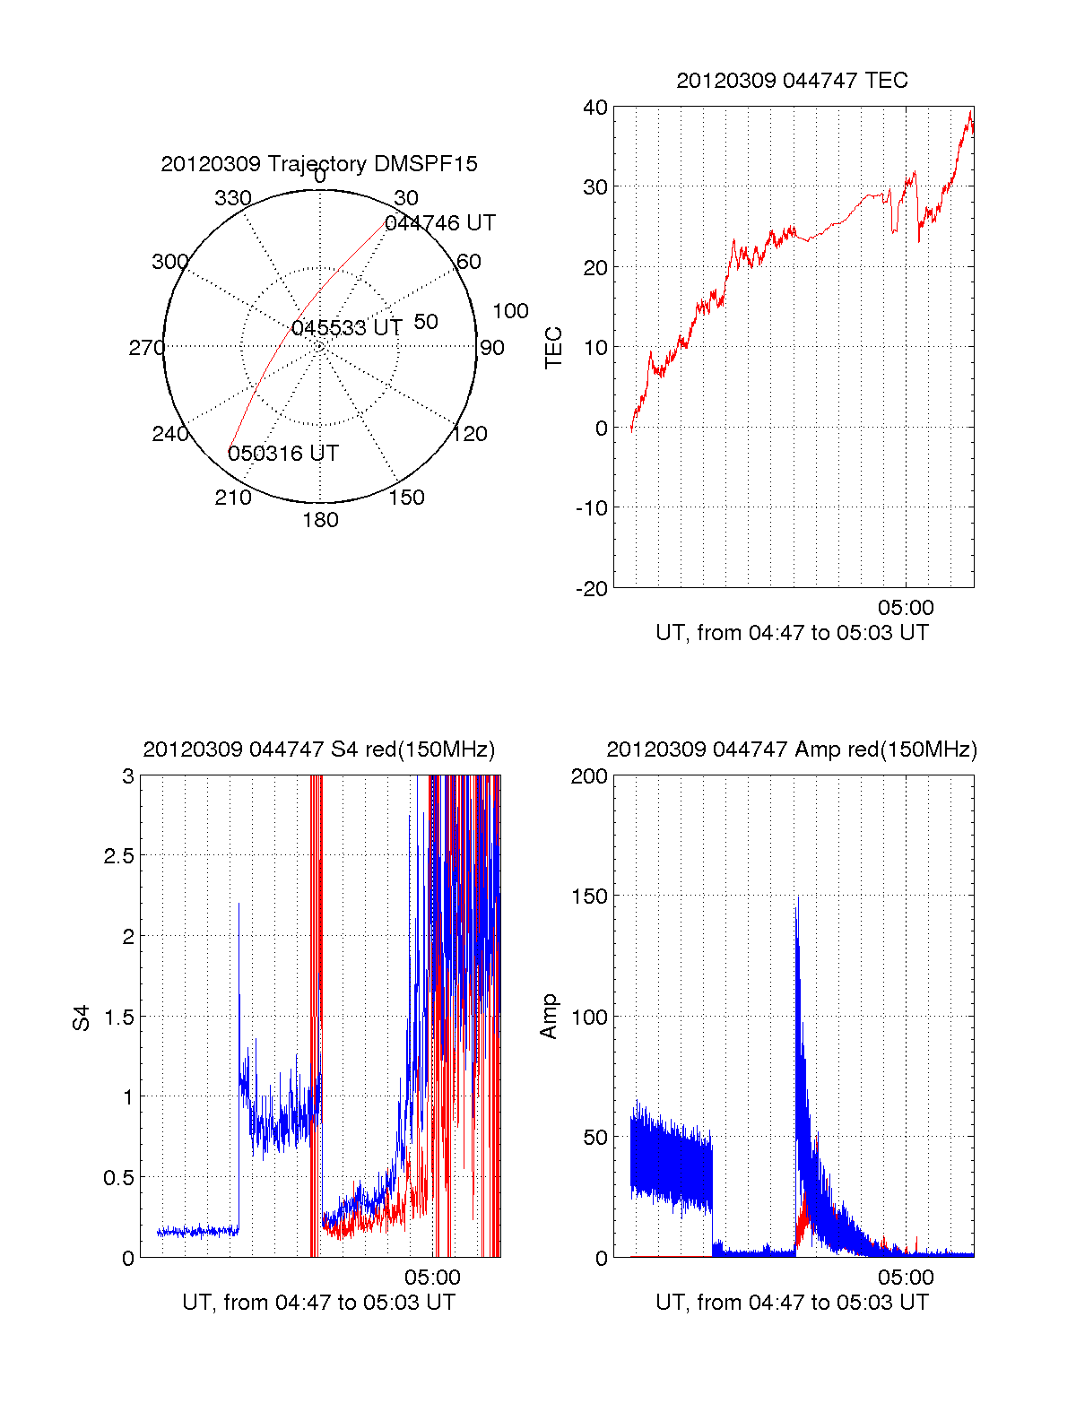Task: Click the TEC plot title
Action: pyautogui.click(x=792, y=81)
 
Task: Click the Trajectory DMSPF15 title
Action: pyautogui.click(x=319, y=164)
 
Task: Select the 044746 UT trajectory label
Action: pyautogui.click(x=440, y=223)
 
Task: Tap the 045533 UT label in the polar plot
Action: pyautogui.click(x=347, y=328)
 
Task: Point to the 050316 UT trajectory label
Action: pyautogui.click(x=283, y=454)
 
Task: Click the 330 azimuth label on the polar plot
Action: pyautogui.click(x=233, y=198)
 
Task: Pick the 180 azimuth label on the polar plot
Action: pyautogui.click(x=320, y=520)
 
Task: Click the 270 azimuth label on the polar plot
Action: pyautogui.click(x=146, y=348)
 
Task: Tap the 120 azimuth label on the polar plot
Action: pyautogui.click(x=470, y=435)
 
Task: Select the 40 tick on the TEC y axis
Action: pyautogui.click(x=595, y=108)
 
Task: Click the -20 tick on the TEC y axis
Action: pyautogui.click(x=592, y=589)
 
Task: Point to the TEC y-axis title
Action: pyautogui.click(x=554, y=348)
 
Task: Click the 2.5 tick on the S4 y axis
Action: pyautogui.click(x=118, y=856)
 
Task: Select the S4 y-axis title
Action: pyautogui.click(x=82, y=1018)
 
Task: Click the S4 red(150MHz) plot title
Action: pyautogui.click(x=319, y=749)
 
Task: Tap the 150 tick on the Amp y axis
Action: pyautogui.click(x=589, y=897)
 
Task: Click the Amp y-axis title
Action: pyautogui.click(x=549, y=1017)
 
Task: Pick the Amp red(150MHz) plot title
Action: pyautogui.click(x=792, y=749)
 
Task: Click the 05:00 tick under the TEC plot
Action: pyautogui.click(x=906, y=608)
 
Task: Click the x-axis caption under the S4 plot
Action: pyautogui.click(x=319, y=1303)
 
